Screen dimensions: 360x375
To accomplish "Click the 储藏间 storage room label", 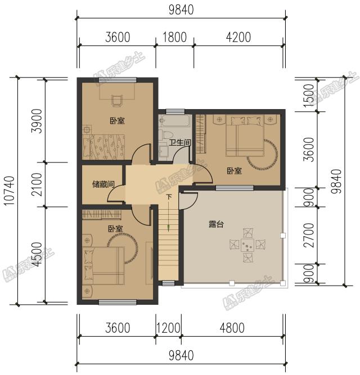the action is pos(103,184).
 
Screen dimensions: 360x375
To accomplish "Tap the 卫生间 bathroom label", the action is pos(180,143).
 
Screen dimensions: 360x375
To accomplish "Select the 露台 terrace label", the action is pos(216,224).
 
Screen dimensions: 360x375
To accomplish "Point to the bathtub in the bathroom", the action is pos(174,121).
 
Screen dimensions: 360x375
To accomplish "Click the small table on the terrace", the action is pos(247,245).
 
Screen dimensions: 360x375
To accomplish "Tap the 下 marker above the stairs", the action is pos(169,197).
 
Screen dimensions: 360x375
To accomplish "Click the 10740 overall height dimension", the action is pos(10,191).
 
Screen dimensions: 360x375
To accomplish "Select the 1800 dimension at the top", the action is pos(174,38).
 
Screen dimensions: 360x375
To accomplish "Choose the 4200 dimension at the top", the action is pos(238,38).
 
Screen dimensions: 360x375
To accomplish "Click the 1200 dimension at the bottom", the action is pos(168,328).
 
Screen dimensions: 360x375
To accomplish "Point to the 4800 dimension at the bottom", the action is pos(232,328).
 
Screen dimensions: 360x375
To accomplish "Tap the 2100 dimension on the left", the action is pos(37,184).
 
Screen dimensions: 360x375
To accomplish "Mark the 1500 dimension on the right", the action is pos(309,95).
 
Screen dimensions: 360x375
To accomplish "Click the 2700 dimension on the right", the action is pos(309,236).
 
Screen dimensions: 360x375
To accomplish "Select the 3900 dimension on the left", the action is pos(37,121).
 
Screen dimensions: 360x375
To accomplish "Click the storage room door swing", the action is pos(116,194).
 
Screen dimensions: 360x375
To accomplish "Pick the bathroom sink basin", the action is pos(164,150).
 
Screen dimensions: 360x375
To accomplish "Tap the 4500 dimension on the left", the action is pos(37,255).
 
